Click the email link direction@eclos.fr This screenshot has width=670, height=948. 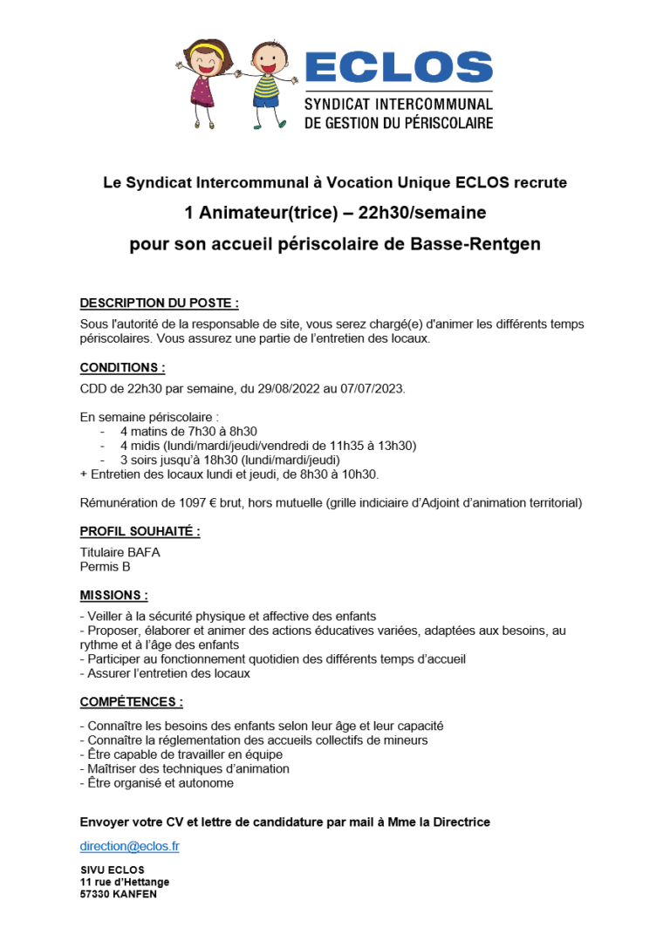[x=129, y=846]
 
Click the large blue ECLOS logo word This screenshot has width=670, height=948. [x=399, y=68]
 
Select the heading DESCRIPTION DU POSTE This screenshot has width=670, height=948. [x=159, y=303]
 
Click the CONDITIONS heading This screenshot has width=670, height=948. [x=122, y=367]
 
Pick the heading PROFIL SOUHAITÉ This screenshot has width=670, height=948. [x=140, y=531]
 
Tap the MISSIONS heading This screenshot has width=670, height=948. [x=113, y=595]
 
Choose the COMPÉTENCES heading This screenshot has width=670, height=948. [x=131, y=701]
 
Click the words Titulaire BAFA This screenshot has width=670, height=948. [x=120, y=552]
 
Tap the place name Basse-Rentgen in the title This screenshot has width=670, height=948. [x=475, y=244]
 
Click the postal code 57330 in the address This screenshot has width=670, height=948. [x=96, y=894]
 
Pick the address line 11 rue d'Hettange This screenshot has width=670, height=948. [x=125, y=882]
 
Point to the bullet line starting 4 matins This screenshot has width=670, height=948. [x=188, y=431]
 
